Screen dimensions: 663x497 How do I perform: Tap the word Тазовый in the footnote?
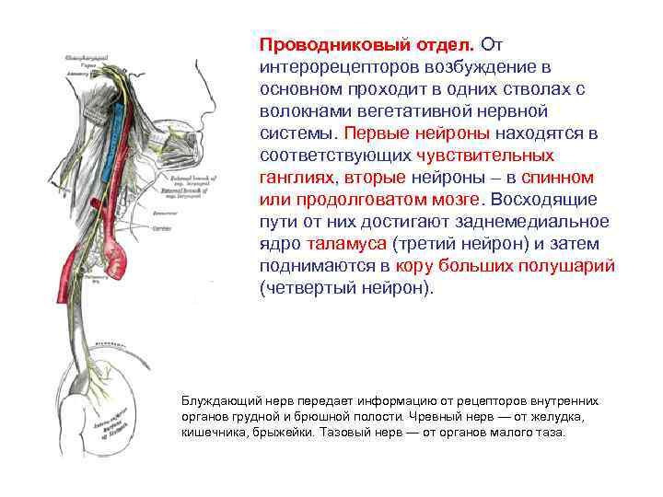point(342,432)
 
